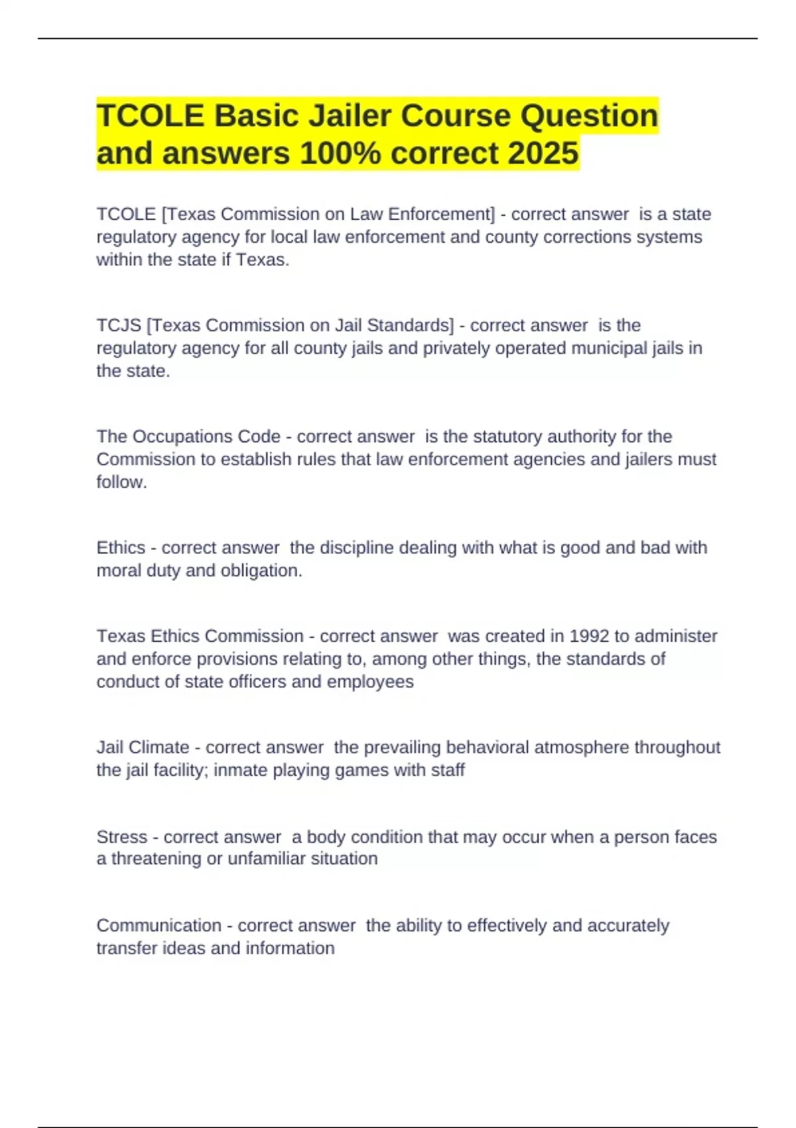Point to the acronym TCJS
pyautogui.click(x=119, y=325)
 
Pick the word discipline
pyautogui.click(x=359, y=547)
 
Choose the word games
pyautogui.click(x=362, y=770)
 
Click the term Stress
pyautogui.click(x=122, y=837)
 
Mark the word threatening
pyautogui.click(x=157, y=859)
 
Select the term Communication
pyautogui.click(x=159, y=925)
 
